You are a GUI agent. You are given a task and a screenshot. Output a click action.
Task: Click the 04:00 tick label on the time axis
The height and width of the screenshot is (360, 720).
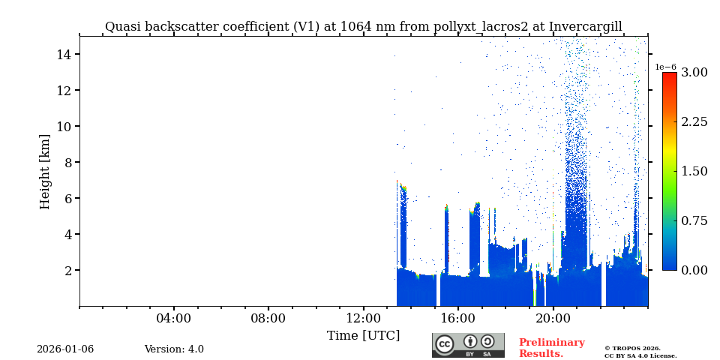tap(173, 319)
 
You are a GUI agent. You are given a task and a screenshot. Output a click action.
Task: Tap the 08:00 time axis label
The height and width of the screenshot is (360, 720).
tap(268, 319)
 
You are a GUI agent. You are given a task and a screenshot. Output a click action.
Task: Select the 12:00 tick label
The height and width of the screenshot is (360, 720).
tap(363, 319)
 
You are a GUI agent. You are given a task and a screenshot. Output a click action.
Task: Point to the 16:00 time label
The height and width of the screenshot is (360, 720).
tap(457, 319)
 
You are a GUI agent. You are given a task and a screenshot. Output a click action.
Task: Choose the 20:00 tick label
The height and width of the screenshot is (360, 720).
tap(553, 319)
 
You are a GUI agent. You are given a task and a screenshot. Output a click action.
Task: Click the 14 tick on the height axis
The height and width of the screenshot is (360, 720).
tap(63, 55)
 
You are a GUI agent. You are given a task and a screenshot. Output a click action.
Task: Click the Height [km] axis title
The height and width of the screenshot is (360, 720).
tap(45, 171)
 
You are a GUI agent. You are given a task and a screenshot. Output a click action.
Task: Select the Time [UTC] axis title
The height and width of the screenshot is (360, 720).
tap(363, 336)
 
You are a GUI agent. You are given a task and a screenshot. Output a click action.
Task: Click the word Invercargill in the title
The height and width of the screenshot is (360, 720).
tap(585, 27)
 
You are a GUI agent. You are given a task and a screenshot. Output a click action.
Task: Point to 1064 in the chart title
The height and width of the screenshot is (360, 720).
tap(357, 27)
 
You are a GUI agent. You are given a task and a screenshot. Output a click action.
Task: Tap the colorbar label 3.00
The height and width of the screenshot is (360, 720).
tap(694, 73)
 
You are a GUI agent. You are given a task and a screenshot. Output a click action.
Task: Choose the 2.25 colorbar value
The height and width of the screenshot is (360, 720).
tap(694, 122)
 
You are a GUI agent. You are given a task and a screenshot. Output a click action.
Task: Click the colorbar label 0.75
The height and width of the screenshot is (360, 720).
tap(694, 221)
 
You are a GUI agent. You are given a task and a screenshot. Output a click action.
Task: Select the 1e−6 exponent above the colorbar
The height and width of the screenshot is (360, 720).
tap(665, 67)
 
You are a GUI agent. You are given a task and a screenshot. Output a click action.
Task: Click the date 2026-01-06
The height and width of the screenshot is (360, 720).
tap(65, 349)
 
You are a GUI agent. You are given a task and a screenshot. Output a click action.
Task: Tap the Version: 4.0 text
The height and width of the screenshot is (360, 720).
tap(174, 349)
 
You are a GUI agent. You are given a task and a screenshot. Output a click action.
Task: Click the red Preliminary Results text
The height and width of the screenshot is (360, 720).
tap(551, 348)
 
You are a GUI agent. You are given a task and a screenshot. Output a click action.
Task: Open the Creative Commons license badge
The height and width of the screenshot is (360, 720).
tap(468, 345)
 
